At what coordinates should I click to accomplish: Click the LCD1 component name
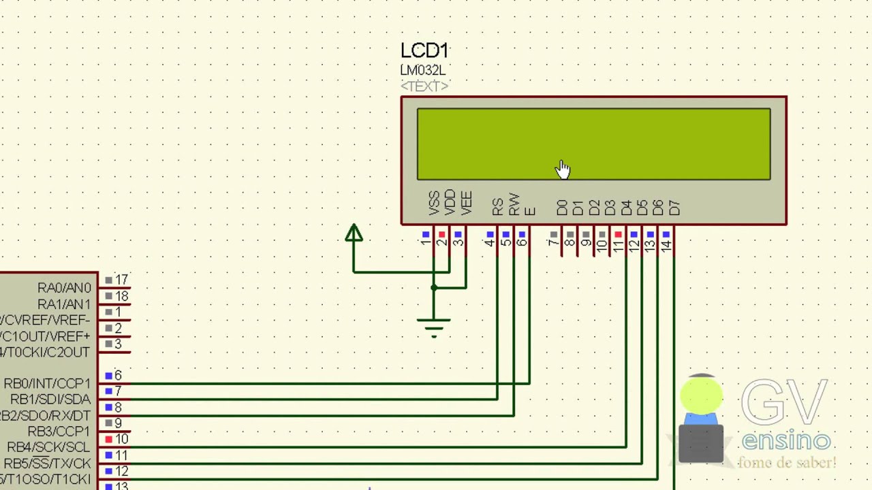[x=424, y=51]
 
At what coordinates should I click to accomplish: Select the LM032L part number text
[x=422, y=70]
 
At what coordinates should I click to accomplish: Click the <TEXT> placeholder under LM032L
[x=424, y=86]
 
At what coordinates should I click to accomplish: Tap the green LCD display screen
[x=593, y=144]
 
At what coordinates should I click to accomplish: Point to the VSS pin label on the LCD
[x=434, y=203]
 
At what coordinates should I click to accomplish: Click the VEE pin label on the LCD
[x=466, y=203]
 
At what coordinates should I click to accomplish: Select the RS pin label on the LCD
[x=497, y=206]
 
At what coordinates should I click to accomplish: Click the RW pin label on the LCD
[x=514, y=205]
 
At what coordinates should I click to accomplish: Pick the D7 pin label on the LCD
[x=674, y=208]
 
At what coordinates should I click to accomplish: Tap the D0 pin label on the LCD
[x=562, y=208]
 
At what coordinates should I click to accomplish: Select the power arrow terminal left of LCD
[x=354, y=234]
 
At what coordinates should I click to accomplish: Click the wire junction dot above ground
[x=434, y=288]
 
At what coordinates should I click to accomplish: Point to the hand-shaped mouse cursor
[x=562, y=169]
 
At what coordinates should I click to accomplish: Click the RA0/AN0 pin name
[x=64, y=288]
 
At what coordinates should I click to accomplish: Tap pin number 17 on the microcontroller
[x=121, y=280]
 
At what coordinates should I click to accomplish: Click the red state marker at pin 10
[x=108, y=440]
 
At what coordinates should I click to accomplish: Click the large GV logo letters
[x=784, y=403]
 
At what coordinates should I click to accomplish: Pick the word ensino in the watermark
[x=786, y=441]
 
